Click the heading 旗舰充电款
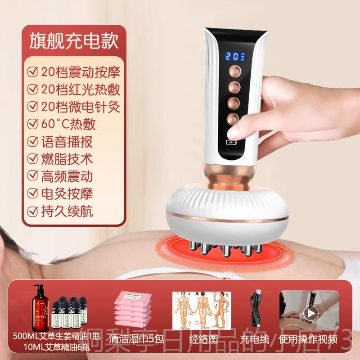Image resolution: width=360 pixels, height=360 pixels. click(x=74, y=41)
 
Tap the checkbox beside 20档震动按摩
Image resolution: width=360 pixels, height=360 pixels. click(x=32, y=72)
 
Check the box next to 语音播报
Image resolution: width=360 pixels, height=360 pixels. click(x=32, y=141)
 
